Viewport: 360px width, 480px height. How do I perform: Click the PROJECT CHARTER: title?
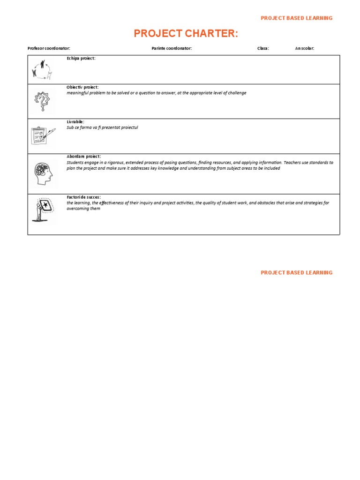[186, 33]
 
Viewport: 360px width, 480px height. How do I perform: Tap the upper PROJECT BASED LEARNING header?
[296, 18]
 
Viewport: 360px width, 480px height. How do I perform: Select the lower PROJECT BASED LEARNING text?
[296, 272]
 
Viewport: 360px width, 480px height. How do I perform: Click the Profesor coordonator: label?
[49, 48]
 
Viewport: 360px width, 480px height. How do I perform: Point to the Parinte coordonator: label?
[172, 48]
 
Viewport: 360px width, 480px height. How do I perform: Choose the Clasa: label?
[263, 48]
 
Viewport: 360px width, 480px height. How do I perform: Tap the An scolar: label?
[304, 48]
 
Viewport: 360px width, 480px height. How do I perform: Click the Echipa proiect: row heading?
[81, 58]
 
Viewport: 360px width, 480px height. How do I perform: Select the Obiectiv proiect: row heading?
[82, 87]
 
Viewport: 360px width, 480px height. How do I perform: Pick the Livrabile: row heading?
[75, 122]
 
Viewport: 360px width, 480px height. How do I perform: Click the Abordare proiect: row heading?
[83, 157]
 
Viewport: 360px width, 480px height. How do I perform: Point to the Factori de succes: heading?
[83, 197]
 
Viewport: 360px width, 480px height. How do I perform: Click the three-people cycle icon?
[42, 69]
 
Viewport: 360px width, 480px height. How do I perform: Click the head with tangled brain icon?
[43, 173]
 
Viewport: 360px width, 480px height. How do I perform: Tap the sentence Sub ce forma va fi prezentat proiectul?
[102, 127]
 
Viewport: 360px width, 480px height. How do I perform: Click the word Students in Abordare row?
[76, 163]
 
